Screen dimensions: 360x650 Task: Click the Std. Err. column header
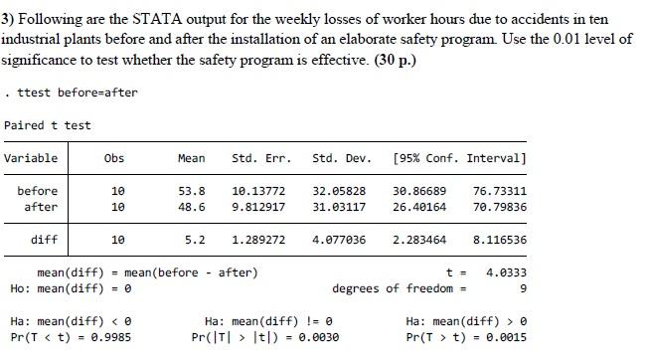pyautogui.click(x=257, y=158)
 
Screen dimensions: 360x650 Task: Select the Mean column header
pyautogui.click(x=191, y=158)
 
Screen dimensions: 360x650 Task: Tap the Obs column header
pyautogui.click(x=114, y=158)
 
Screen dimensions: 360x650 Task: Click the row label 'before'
pyautogui.click(x=38, y=191)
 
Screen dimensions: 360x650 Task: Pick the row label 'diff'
pyautogui.click(x=44, y=240)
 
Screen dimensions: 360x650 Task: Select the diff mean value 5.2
pyautogui.click(x=195, y=240)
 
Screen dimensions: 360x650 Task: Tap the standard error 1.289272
pyautogui.click(x=257, y=240)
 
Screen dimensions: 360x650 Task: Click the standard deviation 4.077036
pyautogui.click(x=339, y=240)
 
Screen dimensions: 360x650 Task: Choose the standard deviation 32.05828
pyautogui.click(x=339, y=191)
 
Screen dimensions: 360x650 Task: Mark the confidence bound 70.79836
pyautogui.click(x=500, y=207)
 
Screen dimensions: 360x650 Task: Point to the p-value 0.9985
pyautogui.click(x=108, y=337)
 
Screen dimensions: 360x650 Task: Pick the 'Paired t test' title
pyautogui.click(x=47, y=125)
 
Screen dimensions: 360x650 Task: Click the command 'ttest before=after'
pyautogui.click(x=77, y=92)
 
